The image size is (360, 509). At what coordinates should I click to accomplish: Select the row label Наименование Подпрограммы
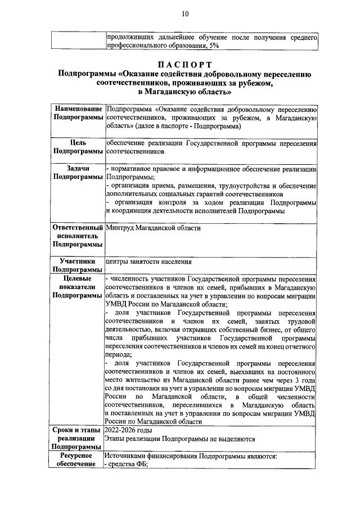point(78,112)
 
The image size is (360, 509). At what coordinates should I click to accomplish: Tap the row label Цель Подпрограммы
point(78,147)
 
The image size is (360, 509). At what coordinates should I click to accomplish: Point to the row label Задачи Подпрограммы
point(78,173)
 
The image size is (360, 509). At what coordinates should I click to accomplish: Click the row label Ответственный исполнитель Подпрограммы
point(78,236)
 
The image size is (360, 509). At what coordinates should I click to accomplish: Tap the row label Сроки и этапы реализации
point(78,437)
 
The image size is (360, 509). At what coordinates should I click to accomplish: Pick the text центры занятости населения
point(149,262)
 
